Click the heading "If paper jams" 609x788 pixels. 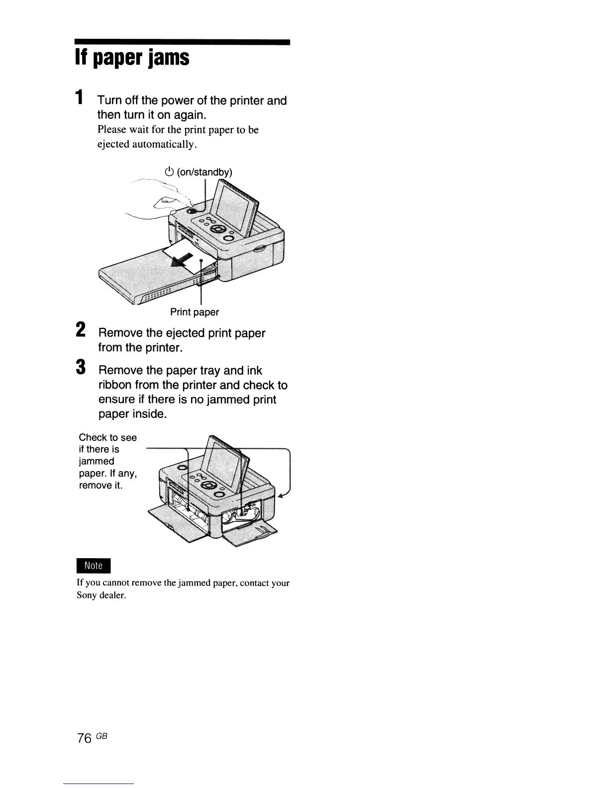pyautogui.click(x=132, y=58)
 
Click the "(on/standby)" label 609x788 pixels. pyautogui.click(x=204, y=172)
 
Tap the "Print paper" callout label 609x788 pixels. pyautogui.click(x=194, y=312)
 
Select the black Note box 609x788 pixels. pyautogui.click(x=93, y=566)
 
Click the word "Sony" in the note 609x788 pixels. pyautogui.click(x=87, y=595)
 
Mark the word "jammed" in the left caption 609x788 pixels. pyautogui.click(x=97, y=461)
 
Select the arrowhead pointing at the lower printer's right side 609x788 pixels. pyautogui.click(x=282, y=495)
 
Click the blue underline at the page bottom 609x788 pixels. pyautogui.click(x=99, y=784)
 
